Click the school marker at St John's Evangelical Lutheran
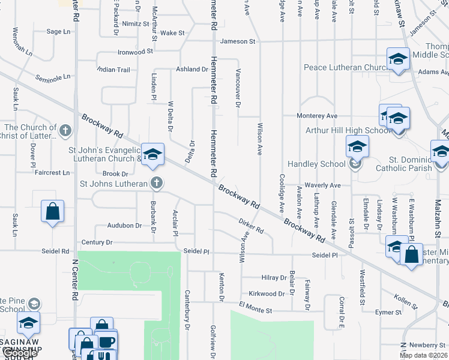tap(152, 154)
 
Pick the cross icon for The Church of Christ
tap(65, 128)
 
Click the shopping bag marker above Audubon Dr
tap(52, 211)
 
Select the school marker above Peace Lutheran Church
tap(397, 59)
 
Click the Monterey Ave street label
tap(317, 116)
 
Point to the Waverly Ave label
tap(322, 185)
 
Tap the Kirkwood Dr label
tap(268, 293)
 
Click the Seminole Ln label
tap(52, 77)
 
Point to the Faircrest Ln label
tap(52, 173)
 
